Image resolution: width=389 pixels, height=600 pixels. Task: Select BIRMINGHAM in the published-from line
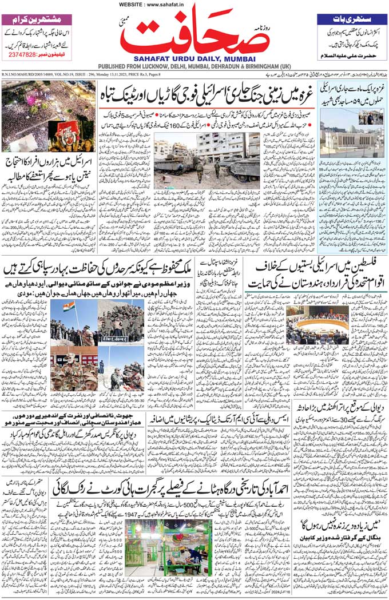[245, 66]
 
